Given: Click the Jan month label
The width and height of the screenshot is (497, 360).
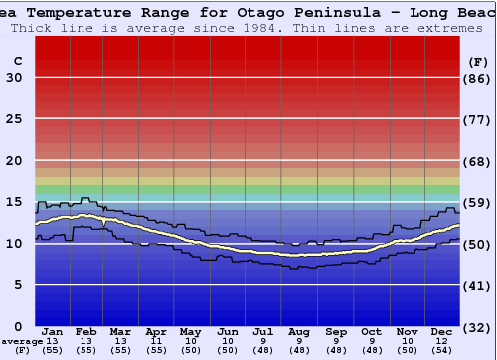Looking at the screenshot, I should [53, 332].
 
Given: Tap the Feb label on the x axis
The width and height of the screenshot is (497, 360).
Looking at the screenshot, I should [85, 332].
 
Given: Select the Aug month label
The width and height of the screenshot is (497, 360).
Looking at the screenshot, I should [299, 332].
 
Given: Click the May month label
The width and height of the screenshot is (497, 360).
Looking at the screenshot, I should [190, 332].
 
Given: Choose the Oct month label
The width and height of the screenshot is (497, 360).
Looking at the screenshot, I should [371, 332].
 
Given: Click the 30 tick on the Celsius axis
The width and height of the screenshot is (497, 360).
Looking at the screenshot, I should [14, 78].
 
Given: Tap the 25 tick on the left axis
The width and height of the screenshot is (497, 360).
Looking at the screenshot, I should [14, 119].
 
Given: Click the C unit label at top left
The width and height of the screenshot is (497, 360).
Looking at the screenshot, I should [17, 61].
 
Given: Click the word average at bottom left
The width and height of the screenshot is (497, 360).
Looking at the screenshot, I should [22, 341].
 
